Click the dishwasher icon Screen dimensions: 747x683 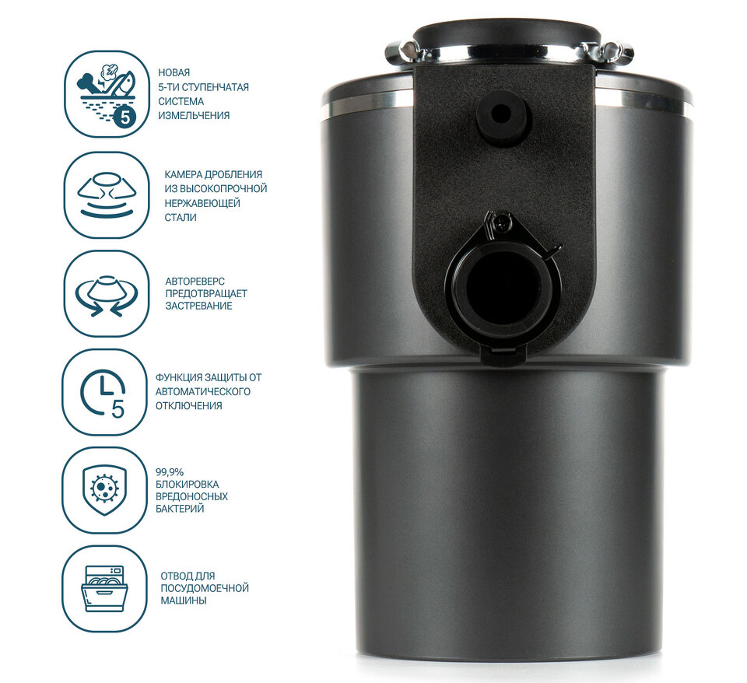105,589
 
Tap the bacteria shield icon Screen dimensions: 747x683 104,490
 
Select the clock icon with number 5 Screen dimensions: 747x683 103,393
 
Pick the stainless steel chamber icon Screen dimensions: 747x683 107,194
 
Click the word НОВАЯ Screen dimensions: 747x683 174,73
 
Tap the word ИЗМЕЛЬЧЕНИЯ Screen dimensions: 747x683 194,116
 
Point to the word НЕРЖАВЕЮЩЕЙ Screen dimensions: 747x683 202,203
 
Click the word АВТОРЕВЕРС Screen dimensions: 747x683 195,282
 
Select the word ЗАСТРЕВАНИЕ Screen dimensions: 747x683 198,306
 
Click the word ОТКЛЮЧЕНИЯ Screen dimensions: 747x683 188,406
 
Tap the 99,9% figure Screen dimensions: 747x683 170,472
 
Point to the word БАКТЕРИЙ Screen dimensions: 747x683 180,509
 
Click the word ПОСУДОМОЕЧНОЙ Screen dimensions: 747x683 205,588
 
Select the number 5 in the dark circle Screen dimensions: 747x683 124,117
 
